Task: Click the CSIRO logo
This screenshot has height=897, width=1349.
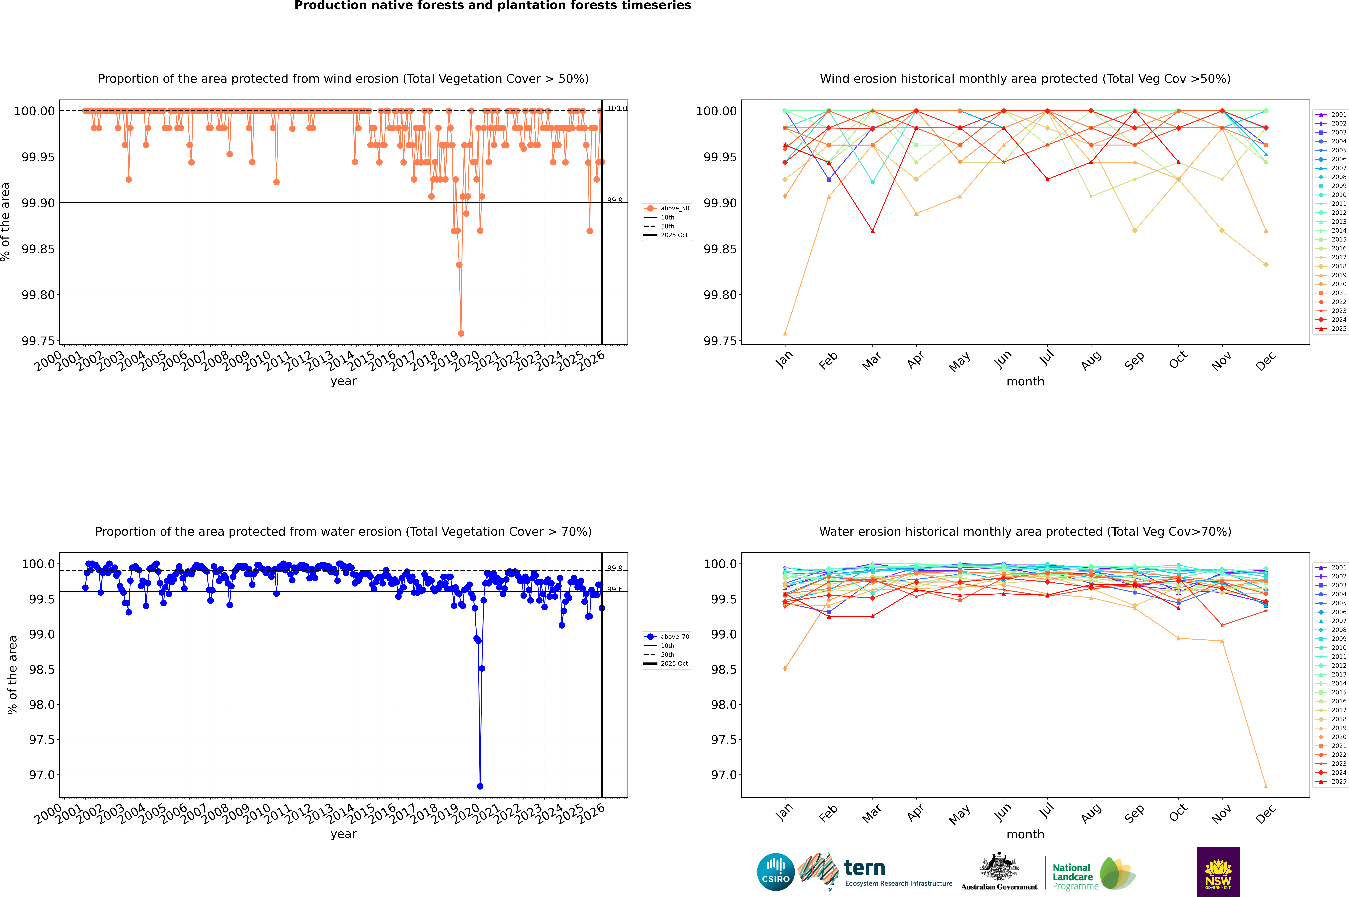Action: (x=775, y=872)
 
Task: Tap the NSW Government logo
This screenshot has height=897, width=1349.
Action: (x=1218, y=872)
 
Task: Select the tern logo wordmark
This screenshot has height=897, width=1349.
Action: (x=865, y=868)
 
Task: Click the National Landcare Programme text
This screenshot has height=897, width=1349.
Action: (x=1075, y=876)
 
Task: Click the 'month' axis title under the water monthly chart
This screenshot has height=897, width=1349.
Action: (x=1025, y=834)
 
